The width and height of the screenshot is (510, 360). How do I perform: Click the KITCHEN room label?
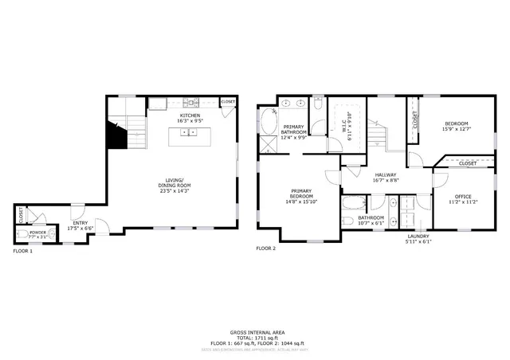point(190,115)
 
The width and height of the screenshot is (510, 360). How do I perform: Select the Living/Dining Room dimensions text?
point(173,191)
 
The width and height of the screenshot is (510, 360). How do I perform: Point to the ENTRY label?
point(80,223)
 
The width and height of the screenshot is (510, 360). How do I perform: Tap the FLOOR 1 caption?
point(22,252)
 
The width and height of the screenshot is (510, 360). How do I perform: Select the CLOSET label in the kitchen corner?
point(228,102)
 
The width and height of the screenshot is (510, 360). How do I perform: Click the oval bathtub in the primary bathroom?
point(267,122)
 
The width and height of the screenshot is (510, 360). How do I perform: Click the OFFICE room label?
point(463,197)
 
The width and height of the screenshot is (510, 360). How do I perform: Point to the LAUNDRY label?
point(418,236)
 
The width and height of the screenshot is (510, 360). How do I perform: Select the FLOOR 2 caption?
point(265,248)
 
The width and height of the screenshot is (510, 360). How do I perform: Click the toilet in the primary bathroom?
point(317,103)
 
